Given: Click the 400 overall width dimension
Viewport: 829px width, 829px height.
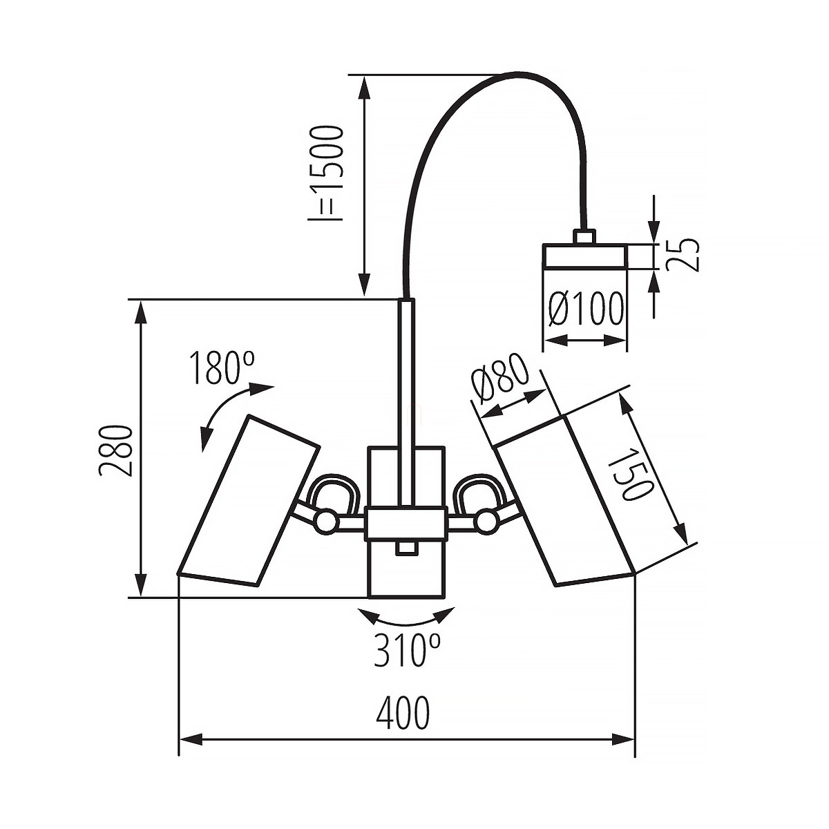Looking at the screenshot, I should tap(403, 714).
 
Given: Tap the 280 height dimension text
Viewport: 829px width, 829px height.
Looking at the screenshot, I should tap(115, 450).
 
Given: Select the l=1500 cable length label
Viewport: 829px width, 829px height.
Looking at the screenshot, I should tap(325, 173).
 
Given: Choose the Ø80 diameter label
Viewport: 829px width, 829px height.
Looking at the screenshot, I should tap(499, 379).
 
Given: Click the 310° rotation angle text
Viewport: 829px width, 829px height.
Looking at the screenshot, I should tap(407, 650).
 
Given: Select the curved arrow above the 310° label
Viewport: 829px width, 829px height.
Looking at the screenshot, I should tap(406, 617).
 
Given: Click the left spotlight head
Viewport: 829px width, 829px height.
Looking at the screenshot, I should tap(249, 501).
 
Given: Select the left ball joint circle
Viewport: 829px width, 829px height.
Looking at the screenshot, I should tap(325, 520).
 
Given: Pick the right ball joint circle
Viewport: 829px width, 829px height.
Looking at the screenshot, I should tap(487, 520).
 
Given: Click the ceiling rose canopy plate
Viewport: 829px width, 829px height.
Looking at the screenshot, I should tap(584, 256).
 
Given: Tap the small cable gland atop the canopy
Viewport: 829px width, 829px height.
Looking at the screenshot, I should tap(584, 237).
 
